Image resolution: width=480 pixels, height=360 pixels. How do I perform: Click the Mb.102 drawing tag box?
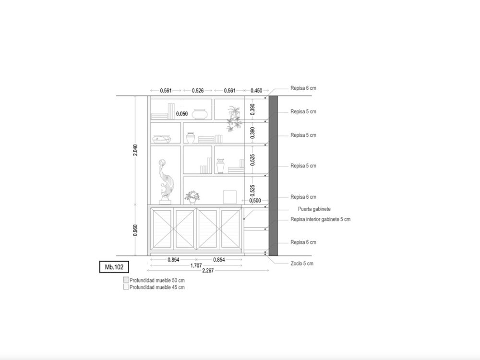pyautogui.click(x=114, y=267)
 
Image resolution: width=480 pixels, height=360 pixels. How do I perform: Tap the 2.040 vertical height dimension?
pyautogui.click(x=135, y=150)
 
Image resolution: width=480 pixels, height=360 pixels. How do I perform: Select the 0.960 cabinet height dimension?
pyautogui.click(x=135, y=230)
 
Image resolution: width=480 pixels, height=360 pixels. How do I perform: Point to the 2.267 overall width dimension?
pyautogui.click(x=208, y=271)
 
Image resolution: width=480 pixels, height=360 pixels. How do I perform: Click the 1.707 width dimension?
pyautogui.click(x=196, y=265)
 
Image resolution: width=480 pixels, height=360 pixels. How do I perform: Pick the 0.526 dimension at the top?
pyautogui.click(x=198, y=91)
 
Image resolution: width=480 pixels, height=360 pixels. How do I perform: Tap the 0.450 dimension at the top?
pyautogui.click(x=256, y=91)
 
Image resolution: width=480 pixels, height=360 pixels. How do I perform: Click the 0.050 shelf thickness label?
pyautogui.click(x=182, y=114)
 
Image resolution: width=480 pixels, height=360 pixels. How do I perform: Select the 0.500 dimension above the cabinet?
pyautogui.click(x=255, y=201)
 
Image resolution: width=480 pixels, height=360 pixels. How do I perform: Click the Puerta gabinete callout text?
pyautogui.click(x=314, y=209)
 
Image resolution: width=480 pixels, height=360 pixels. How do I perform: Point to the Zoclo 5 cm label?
pyautogui.click(x=302, y=263)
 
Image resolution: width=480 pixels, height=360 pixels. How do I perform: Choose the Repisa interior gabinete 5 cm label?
pyautogui.click(x=321, y=219)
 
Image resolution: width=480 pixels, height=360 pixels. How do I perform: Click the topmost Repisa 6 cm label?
pyautogui.click(x=303, y=88)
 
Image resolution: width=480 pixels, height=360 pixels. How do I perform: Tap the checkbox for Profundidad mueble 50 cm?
pyautogui.click(x=126, y=280)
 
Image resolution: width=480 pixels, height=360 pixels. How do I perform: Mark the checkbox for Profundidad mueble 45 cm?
pyautogui.click(x=126, y=287)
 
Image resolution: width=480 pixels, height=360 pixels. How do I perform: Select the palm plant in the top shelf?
pyautogui.click(x=235, y=119)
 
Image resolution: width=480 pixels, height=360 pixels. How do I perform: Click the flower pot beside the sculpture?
pyautogui.click(x=192, y=197)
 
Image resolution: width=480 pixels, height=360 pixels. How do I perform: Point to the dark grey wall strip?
pyautogui.click(x=274, y=176)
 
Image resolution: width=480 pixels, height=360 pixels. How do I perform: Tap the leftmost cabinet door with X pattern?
pyautogui.click(x=162, y=229)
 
